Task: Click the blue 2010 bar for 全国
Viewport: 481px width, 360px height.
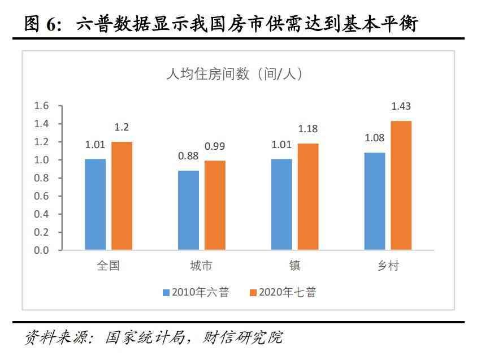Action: [96, 204]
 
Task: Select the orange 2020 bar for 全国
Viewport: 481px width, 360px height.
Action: [122, 196]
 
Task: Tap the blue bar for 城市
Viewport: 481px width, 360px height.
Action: [188, 210]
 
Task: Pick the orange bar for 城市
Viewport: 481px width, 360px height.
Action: [215, 205]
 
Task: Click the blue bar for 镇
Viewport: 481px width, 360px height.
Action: [281, 204]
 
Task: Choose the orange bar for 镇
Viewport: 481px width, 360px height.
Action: [308, 197]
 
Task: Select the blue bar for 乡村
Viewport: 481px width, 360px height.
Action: [375, 201]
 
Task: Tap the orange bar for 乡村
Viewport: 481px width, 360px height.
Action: [401, 185]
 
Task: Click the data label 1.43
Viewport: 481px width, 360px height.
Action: [401, 106]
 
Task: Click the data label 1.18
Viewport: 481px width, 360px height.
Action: [308, 130]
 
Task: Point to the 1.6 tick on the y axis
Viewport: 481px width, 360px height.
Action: [42, 106]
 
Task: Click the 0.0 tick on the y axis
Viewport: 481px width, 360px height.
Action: [42, 250]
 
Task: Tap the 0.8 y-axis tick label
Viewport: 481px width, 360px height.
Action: [42, 178]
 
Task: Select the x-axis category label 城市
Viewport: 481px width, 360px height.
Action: [201, 266]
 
